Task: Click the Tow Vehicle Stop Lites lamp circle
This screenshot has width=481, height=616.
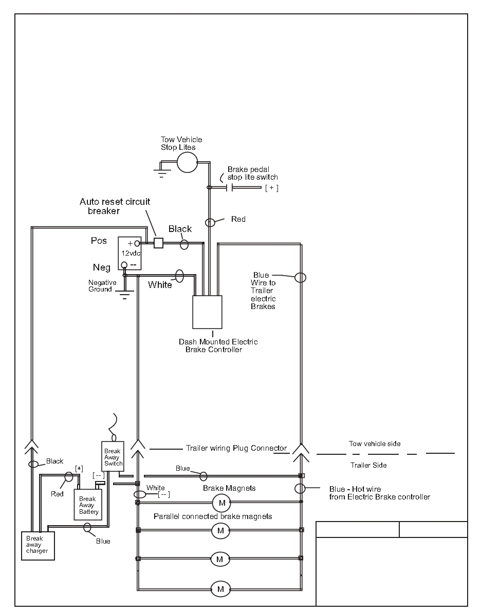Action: [x=187, y=161]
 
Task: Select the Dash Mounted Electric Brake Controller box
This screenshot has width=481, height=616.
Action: [x=207, y=312]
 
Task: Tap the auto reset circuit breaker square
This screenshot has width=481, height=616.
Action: [x=158, y=243]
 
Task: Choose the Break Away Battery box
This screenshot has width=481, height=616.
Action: [x=88, y=505]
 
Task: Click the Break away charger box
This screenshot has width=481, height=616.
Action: [x=38, y=545]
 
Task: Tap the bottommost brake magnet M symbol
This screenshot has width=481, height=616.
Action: [x=220, y=589]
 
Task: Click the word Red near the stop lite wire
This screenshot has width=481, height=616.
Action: [x=238, y=219]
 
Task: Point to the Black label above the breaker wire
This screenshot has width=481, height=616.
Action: [x=180, y=229]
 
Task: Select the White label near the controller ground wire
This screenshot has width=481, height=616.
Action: [x=160, y=285]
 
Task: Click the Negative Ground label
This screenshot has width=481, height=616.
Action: [x=102, y=286]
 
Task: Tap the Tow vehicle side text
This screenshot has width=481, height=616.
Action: [x=375, y=444]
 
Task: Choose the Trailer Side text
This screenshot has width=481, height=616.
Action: [x=368, y=465]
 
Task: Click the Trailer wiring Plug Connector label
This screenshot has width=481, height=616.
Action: [x=236, y=448]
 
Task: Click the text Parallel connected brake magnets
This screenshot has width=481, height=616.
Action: [x=213, y=516]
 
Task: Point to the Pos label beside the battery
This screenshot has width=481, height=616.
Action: [x=99, y=241]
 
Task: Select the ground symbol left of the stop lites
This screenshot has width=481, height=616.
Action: [x=161, y=170]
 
